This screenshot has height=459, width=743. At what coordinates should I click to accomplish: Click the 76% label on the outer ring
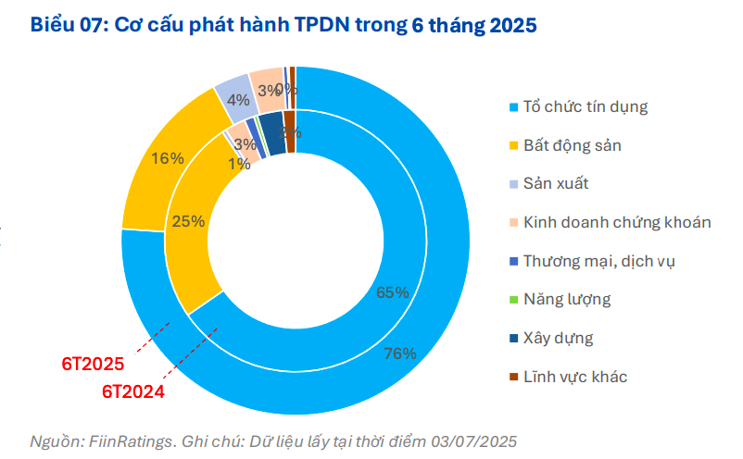[x=401, y=354]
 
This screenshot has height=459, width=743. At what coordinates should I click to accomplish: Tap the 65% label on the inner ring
[x=393, y=292]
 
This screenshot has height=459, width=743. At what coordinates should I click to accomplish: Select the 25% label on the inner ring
[x=189, y=221]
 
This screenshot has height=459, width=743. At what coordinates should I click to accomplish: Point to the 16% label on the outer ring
[x=167, y=158]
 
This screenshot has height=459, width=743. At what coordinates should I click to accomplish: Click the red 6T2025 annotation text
[x=94, y=364]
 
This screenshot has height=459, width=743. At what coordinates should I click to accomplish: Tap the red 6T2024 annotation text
[x=132, y=391]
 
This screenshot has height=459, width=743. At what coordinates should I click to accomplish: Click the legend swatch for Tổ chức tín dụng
[x=511, y=107]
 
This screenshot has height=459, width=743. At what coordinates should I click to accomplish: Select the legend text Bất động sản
[x=573, y=144]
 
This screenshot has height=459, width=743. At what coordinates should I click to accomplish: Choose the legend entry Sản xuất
[x=556, y=183]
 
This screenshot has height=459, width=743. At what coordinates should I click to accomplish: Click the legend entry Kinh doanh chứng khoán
[x=617, y=222]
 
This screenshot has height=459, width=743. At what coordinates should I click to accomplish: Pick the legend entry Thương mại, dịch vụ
[x=599, y=260]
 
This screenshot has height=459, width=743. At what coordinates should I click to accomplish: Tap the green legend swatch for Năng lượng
[x=511, y=300]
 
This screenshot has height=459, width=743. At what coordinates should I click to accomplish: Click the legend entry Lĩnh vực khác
[x=575, y=377]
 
